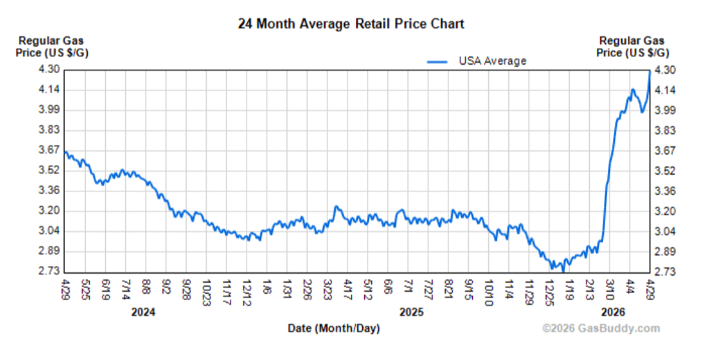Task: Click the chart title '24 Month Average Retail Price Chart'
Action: (x=351, y=24)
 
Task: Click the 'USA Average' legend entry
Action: (x=492, y=61)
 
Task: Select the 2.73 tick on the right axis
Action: (x=666, y=271)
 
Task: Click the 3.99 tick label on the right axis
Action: (x=666, y=110)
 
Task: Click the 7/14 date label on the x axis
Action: (x=126, y=287)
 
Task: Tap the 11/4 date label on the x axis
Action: (x=510, y=287)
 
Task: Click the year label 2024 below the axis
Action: (x=143, y=312)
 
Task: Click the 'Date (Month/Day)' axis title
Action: (x=334, y=328)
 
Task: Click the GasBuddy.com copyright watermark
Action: (x=601, y=329)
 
